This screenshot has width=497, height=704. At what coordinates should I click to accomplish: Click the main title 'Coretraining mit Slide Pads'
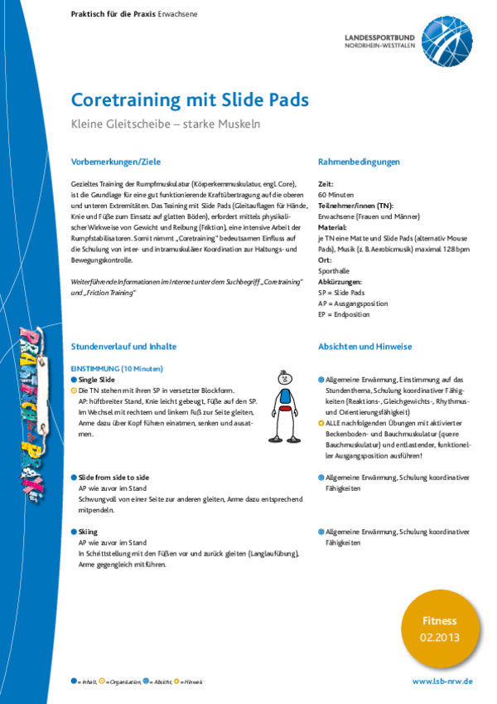190,100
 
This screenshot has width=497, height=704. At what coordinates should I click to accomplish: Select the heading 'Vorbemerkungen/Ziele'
116,162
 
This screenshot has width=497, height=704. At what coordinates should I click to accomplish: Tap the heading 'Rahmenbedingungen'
359,162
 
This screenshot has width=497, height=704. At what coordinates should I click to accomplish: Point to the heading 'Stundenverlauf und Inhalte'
124,347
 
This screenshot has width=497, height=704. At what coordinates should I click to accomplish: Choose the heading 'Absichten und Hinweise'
364,347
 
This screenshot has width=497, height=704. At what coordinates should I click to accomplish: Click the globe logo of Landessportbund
448,40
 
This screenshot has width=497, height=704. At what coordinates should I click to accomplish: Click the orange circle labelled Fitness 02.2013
439,628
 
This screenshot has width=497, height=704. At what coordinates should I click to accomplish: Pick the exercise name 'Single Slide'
97,379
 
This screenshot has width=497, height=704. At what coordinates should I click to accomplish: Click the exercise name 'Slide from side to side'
113,478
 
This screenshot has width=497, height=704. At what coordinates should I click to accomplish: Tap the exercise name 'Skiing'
88,532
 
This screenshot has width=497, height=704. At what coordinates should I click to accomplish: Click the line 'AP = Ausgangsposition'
352,303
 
